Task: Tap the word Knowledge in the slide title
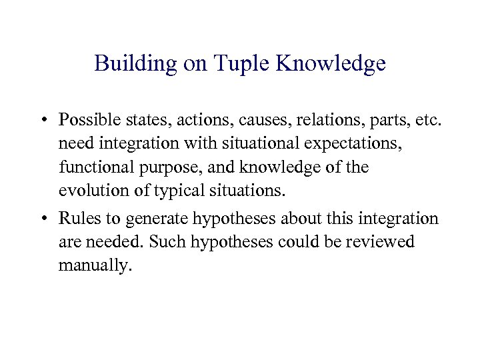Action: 331,63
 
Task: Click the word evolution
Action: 90,191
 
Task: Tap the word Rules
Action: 77,218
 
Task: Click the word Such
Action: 167,241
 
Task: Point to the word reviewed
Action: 381,241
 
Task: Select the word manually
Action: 95,265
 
